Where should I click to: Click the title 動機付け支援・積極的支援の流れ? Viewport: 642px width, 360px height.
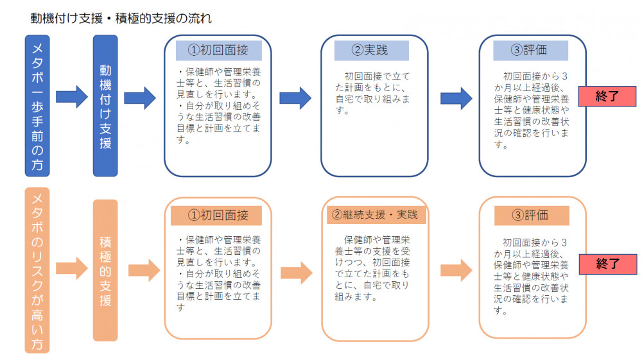tap(121, 17)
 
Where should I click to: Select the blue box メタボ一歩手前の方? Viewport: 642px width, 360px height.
tap(38, 105)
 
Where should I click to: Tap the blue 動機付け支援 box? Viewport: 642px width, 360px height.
tap(105, 105)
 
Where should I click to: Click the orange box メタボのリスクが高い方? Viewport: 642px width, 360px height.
tap(38, 270)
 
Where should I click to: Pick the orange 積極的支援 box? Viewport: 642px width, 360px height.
tap(105, 270)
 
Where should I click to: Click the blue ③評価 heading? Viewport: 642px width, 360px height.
tap(530, 50)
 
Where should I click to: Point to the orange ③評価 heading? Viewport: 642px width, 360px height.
tap(531, 215)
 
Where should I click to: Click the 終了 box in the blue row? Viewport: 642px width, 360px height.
tap(607, 96)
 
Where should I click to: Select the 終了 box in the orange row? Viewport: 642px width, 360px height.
tap(607, 262)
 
